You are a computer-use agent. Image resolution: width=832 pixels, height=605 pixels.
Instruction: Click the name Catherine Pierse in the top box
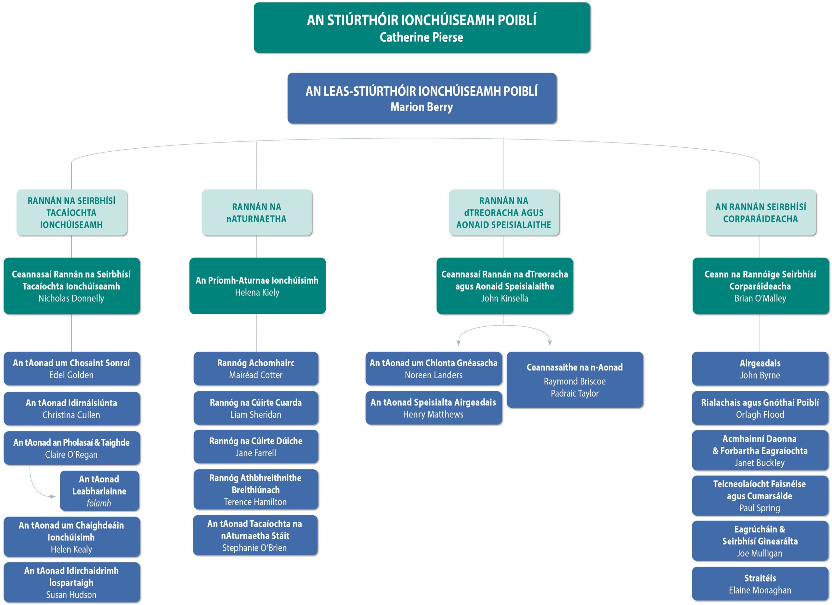coord(421,37)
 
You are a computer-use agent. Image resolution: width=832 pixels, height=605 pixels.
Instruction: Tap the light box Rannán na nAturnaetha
coord(257,212)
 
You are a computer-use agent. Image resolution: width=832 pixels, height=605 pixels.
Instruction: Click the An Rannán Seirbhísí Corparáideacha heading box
coord(760,212)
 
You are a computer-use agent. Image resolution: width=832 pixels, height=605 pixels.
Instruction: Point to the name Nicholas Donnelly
coord(71,299)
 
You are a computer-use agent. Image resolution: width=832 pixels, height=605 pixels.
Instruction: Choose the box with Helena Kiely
coord(257,286)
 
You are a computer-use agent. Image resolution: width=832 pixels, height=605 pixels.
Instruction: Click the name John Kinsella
coord(504,299)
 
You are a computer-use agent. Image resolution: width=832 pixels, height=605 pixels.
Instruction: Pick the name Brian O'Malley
coord(760,299)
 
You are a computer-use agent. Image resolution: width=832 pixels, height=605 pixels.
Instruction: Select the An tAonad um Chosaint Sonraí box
coord(72,369)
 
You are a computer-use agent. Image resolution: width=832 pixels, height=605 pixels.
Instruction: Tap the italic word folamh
coord(99,503)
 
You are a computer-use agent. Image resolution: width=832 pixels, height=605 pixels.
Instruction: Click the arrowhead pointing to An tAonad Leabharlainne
coord(53,496)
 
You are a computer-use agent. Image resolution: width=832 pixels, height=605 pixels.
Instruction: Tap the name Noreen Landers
coord(433,375)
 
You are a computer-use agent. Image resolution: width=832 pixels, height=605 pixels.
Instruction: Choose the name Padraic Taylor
coord(575,394)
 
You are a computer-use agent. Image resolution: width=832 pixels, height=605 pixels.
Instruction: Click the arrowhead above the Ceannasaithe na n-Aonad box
coord(550,343)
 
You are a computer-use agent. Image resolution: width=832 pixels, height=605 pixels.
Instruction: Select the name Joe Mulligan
coord(760,553)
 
